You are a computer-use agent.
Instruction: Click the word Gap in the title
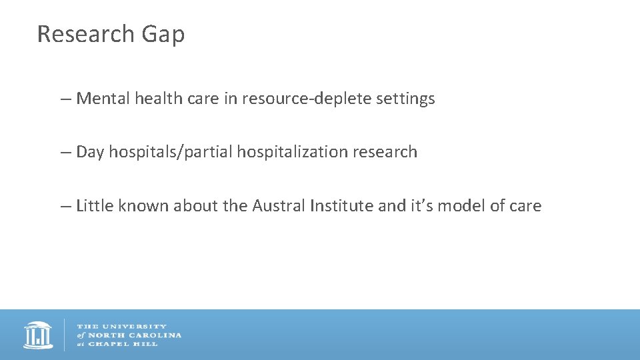(x=163, y=35)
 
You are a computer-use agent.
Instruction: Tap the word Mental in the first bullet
(x=103, y=99)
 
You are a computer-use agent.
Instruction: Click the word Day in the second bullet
(x=91, y=153)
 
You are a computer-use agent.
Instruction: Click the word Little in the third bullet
(x=95, y=206)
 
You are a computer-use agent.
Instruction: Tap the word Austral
(x=279, y=206)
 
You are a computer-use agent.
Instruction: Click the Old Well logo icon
(x=38, y=335)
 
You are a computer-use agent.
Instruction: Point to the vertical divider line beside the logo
(x=65, y=335)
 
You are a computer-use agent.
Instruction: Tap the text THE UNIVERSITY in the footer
(x=122, y=327)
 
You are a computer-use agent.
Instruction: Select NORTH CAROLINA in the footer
(x=134, y=335)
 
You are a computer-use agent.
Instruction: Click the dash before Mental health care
(x=65, y=99)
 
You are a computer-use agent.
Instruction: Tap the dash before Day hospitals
(x=65, y=153)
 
